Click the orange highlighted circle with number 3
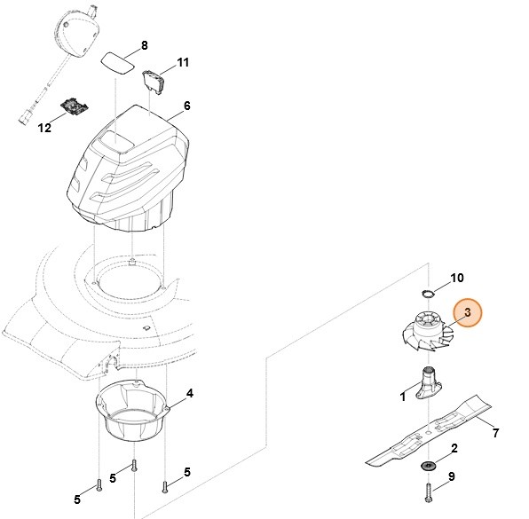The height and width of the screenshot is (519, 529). [466, 313]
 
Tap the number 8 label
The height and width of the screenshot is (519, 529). [145, 45]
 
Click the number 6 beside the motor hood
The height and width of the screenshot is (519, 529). [186, 105]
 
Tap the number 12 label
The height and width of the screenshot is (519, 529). [44, 128]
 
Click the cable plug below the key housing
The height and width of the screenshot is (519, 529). [26, 113]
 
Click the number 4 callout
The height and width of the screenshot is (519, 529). [190, 393]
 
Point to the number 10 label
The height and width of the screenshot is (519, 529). [456, 278]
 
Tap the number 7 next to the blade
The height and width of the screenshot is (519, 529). [495, 433]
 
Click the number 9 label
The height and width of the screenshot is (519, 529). [452, 477]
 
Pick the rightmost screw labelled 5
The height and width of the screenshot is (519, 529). [164, 483]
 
